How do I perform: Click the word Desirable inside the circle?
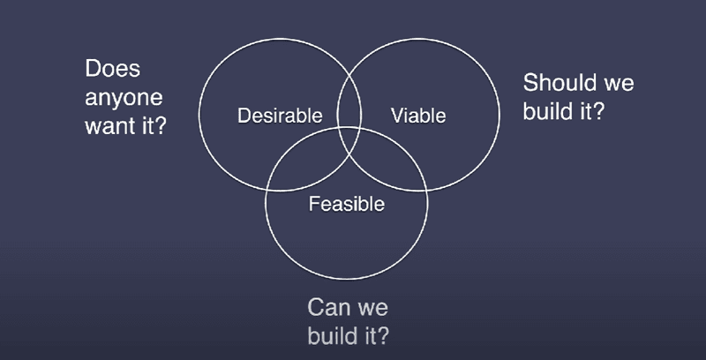[280, 116]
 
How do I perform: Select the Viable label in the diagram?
[418, 116]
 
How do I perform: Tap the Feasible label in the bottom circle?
[347, 204]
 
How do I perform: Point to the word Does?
[113, 69]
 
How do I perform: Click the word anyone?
[124, 99]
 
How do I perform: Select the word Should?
[554, 83]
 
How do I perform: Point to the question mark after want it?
[160, 125]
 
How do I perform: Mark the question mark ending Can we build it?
[381, 335]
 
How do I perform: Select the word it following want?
[143, 125]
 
